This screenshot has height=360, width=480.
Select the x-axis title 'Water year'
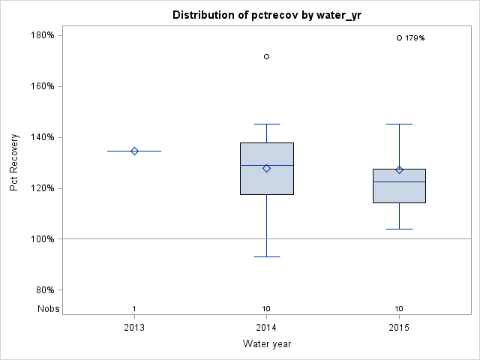(267, 343)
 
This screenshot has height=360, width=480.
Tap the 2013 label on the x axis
(134, 328)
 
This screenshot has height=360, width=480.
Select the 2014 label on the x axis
(267, 328)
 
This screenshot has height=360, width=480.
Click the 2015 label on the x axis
(399, 328)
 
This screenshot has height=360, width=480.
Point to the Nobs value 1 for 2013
(134, 309)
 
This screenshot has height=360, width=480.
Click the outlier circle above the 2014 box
(267, 56)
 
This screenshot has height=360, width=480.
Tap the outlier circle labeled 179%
(399, 37)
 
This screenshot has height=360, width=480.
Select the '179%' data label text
(415, 38)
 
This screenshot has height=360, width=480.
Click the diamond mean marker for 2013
(134, 151)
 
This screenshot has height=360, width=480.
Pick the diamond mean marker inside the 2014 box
(267, 168)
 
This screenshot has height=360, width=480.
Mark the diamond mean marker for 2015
(399, 169)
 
